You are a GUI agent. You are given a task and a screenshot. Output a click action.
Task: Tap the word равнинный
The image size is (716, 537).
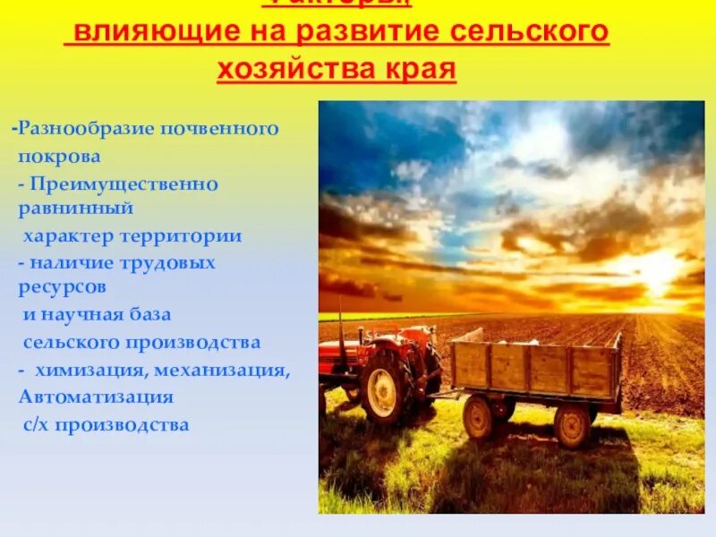75,209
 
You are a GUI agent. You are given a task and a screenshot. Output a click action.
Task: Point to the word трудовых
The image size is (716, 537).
172,263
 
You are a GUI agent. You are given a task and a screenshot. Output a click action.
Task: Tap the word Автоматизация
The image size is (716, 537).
96,396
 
